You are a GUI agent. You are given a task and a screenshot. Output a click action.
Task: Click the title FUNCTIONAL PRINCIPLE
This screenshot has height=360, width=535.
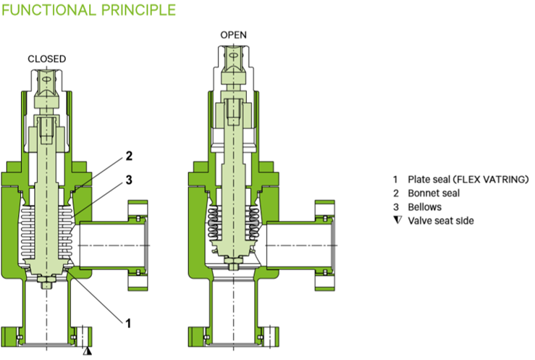click(x=88, y=10)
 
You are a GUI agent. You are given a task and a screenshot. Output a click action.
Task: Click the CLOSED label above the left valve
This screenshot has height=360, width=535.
click(x=47, y=59)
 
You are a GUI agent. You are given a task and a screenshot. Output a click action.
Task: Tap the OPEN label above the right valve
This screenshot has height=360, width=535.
click(x=233, y=35)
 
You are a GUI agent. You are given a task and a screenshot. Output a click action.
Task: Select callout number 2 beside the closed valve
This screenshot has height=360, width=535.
click(x=129, y=155)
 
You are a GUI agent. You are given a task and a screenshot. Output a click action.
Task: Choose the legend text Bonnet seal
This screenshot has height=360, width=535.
click(x=435, y=193)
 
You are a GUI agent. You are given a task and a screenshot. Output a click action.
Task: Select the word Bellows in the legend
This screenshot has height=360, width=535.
click(x=426, y=206)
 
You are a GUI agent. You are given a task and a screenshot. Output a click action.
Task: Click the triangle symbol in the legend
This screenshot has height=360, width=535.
click(x=396, y=220)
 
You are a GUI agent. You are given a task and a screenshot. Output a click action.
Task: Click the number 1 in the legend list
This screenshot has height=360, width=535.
click(x=396, y=179)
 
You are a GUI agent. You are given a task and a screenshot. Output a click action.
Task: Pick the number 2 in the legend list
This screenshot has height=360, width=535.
click(x=396, y=193)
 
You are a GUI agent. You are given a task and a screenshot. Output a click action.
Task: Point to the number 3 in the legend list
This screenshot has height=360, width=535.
click(x=396, y=206)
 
